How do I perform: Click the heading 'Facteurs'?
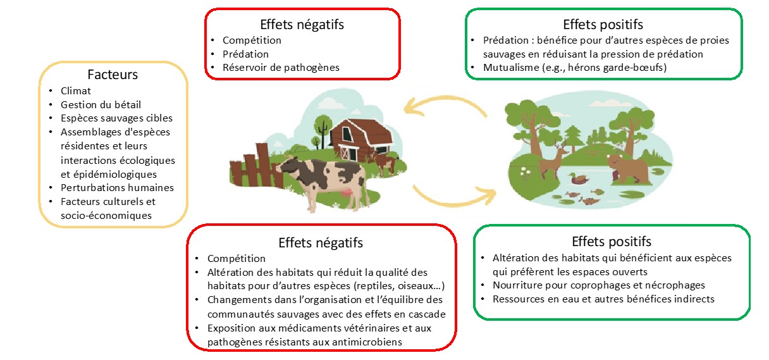click(113, 75)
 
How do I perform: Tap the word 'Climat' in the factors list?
click(75, 90)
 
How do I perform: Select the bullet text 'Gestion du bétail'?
click(101, 104)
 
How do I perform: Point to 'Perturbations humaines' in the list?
click(117, 187)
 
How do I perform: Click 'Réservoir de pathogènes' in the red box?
click(281, 67)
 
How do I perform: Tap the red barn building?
click(360, 140)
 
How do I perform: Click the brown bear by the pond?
click(627, 168)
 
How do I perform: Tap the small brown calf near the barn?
click(387, 163)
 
